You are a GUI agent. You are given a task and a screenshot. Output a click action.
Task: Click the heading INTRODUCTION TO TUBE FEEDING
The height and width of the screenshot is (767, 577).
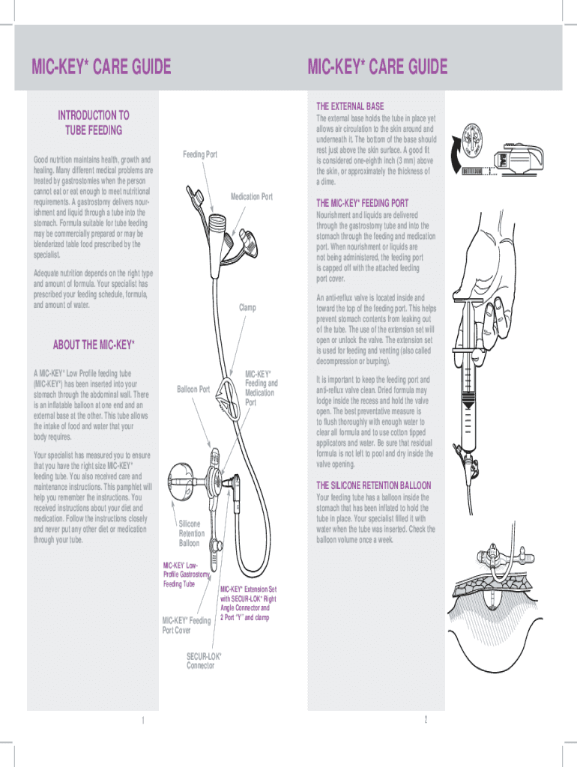tap(94, 122)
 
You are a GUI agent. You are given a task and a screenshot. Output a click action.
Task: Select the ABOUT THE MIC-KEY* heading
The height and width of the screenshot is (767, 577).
tap(94, 345)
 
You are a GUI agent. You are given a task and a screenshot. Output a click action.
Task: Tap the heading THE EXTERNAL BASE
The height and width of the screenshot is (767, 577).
tap(350, 106)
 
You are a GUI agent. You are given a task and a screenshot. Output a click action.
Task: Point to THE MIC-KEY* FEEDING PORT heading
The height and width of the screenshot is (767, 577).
tap(363, 203)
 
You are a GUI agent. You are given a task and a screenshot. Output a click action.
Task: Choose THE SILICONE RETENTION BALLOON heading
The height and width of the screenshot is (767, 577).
tap(374, 485)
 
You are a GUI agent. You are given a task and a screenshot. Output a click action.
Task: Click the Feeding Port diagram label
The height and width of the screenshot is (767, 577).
tap(200, 154)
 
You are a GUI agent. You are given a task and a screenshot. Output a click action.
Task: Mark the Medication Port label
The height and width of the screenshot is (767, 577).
tap(252, 197)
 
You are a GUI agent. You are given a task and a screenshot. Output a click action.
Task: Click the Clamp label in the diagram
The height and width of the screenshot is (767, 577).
tap(247, 307)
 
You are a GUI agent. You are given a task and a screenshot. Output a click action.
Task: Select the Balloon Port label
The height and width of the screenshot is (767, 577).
tap(193, 389)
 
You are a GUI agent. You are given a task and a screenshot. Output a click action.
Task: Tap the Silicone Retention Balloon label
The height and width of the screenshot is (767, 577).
tap(191, 533)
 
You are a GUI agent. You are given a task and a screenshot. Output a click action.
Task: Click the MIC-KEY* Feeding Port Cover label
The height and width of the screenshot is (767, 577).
tap(187, 625)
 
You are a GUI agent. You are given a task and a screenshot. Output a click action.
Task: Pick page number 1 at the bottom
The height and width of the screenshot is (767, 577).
tap(142, 721)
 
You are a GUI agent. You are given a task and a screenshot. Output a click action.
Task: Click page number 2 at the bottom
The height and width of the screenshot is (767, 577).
tap(425, 720)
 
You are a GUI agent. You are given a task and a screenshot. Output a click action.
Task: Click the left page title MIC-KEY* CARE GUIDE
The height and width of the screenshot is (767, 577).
tap(101, 67)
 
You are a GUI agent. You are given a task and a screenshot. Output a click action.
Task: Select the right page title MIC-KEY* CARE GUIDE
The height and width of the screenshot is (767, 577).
tap(378, 67)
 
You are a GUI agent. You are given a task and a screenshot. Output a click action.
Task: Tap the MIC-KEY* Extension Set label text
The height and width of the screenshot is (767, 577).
tap(248, 604)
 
